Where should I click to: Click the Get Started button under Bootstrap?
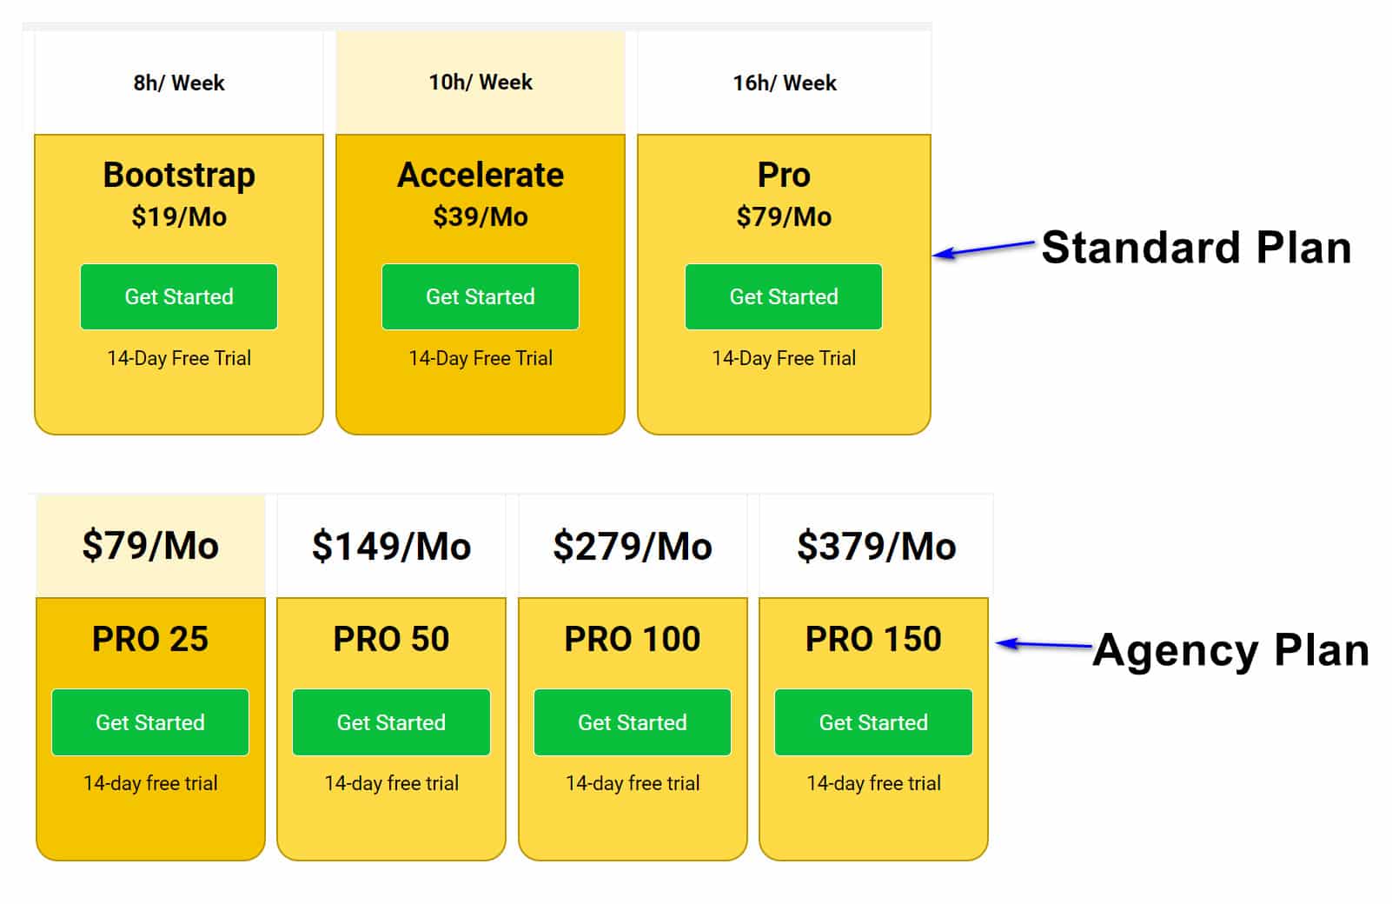pos(179,296)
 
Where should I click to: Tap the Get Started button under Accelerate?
pos(481,296)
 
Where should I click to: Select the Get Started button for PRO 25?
pos(150,722)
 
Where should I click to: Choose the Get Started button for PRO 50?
pos(392,722)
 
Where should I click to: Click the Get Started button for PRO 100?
pos(633,722)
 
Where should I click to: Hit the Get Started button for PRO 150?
pos(874,722)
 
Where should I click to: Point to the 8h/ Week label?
pos(179,83)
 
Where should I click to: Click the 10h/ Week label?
pos(481,82)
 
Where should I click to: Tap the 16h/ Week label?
pos(785,83)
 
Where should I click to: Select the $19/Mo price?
pos(179,217)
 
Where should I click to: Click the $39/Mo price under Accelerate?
pos(481,217)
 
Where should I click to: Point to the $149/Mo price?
pos(392,546)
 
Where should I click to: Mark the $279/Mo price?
pos(633,546)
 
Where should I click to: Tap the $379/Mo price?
pos(877,546)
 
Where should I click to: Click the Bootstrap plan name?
pos(179,176)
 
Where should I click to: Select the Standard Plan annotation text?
pos(1196,248)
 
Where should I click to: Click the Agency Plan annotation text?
pos(1231,650)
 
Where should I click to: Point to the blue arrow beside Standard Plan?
pos(983,249)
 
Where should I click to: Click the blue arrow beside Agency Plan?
pos(1044,644)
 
